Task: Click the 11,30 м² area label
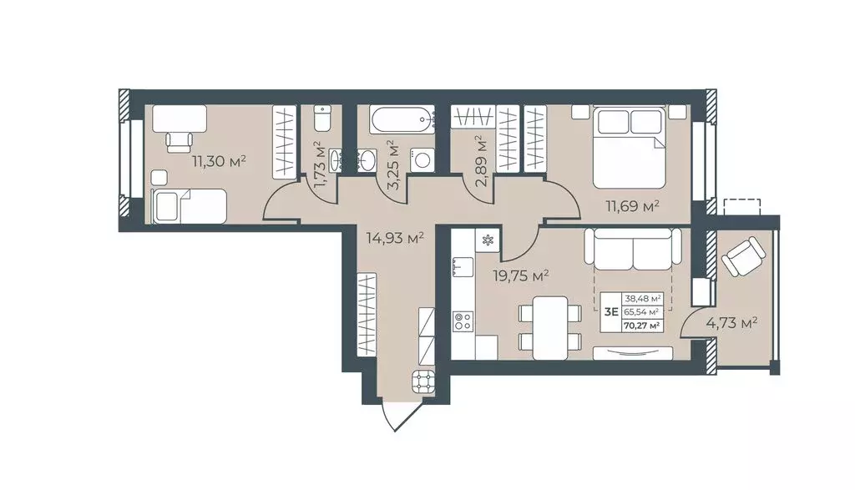(219, 161)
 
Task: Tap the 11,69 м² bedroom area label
(633, 206)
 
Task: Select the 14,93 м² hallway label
(395, 238)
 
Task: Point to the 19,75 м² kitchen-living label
(520, 276)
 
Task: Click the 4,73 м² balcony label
(731, 325)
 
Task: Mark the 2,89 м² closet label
(481, 161)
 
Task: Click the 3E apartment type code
(611, 312)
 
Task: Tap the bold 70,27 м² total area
(643, 326)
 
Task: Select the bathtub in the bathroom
(402, 119)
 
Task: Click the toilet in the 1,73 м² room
(322, 118)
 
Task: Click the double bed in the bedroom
(630, 147)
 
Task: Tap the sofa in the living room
(633, 250)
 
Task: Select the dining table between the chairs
(549, 327)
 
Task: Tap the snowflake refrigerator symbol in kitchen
(487, 241)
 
